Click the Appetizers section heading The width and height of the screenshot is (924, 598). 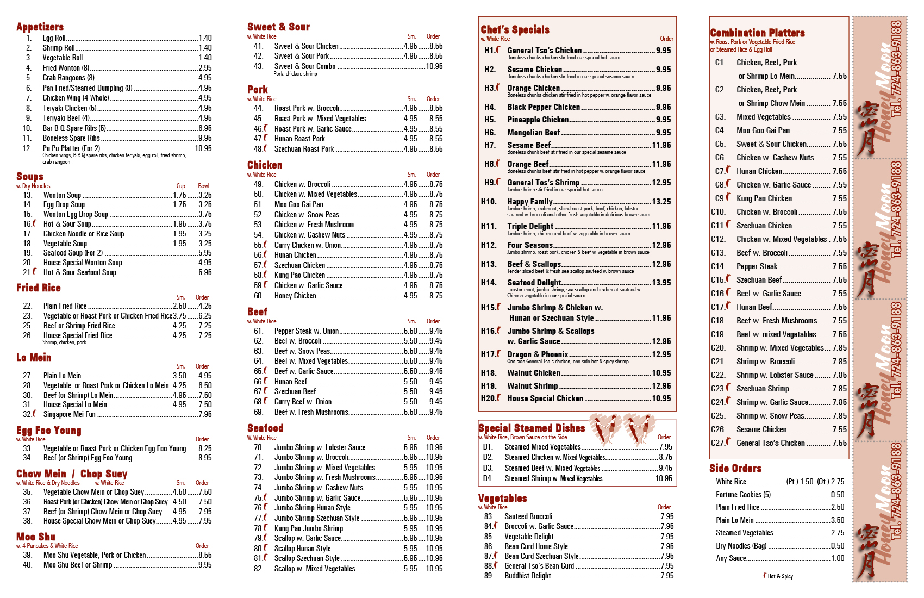40,27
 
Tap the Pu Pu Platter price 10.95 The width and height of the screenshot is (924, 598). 203,148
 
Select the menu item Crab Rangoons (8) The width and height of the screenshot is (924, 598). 68,78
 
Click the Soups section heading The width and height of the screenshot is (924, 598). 30,177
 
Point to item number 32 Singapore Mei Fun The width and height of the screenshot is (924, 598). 69,414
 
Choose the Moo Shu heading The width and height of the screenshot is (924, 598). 36,537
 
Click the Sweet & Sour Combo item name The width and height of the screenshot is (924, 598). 304,66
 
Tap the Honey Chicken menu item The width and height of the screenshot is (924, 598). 295,296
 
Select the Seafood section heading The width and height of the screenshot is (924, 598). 265,428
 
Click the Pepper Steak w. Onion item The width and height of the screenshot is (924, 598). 306,331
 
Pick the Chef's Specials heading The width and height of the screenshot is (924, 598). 515,30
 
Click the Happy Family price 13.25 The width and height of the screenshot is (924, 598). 661,202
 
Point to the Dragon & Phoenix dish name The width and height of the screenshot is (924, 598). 538,354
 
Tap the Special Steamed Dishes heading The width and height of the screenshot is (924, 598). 532,428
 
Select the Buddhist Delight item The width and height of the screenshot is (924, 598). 527,576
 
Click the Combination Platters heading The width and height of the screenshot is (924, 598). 757,33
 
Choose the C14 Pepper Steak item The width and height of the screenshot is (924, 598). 757,266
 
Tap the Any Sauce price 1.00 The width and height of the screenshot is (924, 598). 838,558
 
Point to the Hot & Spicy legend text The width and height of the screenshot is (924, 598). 780,576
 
